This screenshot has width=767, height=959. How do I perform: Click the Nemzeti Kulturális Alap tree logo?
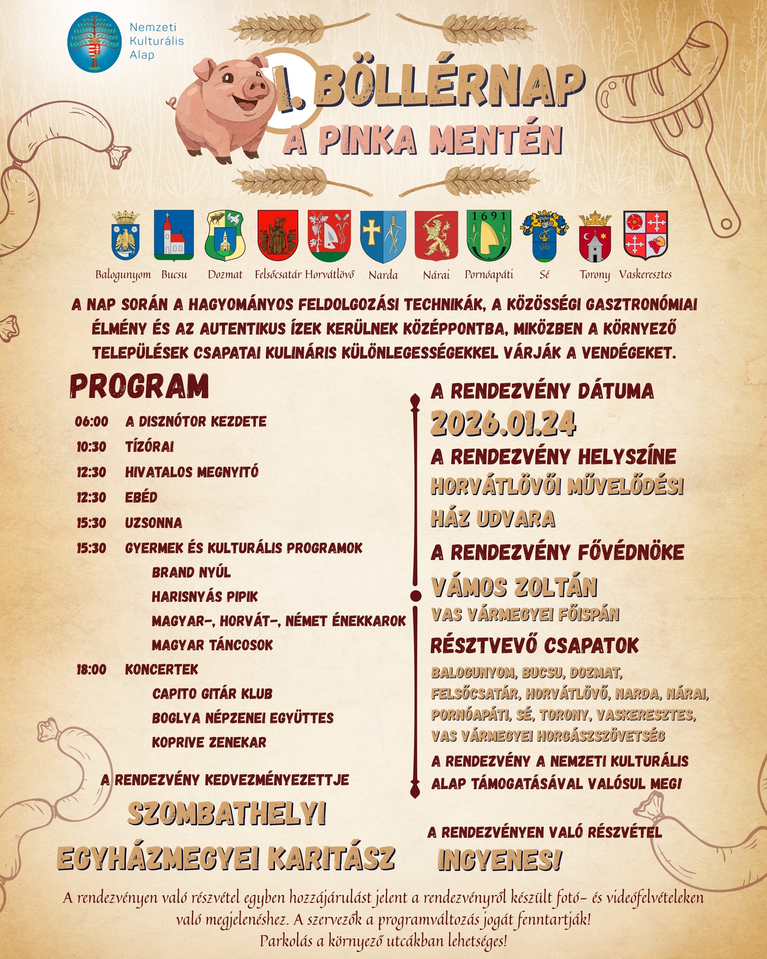click(96, 43)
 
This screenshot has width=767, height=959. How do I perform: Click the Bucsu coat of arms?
click(174, 235)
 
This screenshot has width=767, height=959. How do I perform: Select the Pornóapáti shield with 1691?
click(489, 235)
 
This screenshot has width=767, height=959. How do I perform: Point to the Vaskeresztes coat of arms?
click(646, 235)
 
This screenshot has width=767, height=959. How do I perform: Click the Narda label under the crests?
click(383, 275)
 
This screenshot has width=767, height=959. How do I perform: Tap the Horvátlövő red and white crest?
click(329, 235)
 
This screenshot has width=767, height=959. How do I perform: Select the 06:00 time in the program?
click(91, 421)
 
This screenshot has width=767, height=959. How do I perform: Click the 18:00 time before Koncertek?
click(91, 670)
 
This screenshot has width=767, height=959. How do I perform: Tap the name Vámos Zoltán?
click(514, 587)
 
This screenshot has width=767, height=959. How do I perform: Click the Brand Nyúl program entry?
click(191, 572)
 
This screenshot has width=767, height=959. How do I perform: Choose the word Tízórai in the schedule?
click(149, 447)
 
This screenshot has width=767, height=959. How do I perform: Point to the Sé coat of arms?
click(544, 235)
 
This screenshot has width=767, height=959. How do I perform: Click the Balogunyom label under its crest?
click(123, 275)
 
